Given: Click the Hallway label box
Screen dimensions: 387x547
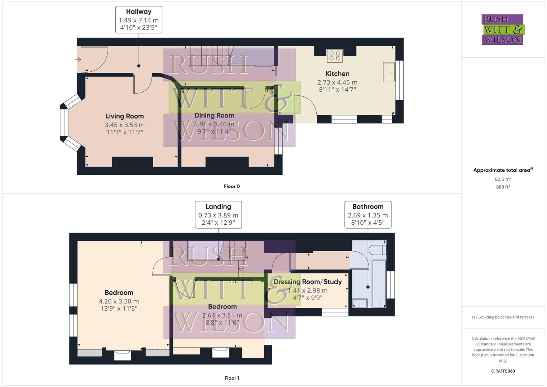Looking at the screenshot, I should [139, 20].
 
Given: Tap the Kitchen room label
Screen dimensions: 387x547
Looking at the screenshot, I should [337, 74].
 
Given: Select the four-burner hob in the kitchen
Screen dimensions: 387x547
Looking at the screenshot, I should [335, 56].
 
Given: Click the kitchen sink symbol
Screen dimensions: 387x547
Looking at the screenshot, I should [389, 72].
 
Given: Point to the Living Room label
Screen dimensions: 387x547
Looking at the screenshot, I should [125, 116].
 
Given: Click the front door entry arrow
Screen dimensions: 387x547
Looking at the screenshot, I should [78, 59].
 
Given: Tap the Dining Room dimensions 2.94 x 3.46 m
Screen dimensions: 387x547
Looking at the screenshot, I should [214, 124].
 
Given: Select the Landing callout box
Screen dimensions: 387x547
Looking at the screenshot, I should [218, 215].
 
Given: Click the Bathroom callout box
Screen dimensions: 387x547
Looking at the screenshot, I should [368, 215].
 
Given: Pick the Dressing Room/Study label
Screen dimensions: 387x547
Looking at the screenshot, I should [307, 282].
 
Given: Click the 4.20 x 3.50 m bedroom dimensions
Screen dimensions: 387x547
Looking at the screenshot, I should [119, 301].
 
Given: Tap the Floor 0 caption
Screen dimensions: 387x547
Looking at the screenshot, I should [232, 186].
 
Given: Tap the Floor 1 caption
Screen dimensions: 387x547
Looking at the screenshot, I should [232, 378].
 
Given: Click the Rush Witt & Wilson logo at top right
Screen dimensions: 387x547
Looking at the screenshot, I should [502, 29].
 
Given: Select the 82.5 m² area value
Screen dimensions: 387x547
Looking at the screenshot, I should [503, 179].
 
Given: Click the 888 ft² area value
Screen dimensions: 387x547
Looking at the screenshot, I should [503, 187].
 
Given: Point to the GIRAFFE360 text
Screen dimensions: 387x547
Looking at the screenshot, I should [503, 371].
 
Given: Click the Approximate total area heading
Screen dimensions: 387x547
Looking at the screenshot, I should [503, 170].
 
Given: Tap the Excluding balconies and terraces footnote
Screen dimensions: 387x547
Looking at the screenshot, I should [503, 317].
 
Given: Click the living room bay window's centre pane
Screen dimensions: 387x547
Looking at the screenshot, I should [64, 123].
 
